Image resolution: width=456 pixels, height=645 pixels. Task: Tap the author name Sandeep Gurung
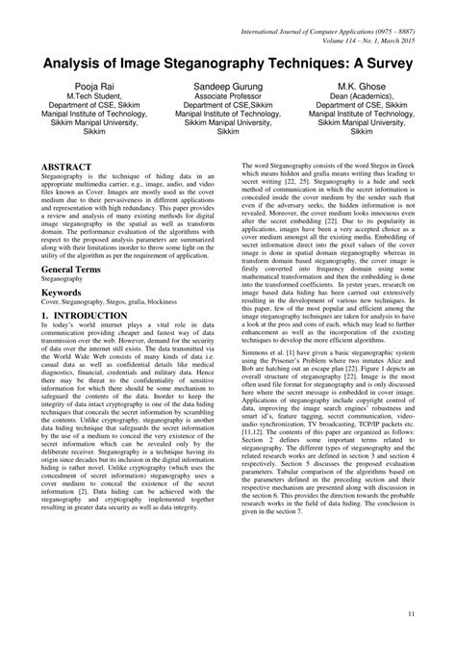228,87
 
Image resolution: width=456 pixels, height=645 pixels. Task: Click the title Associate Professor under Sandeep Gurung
228,97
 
